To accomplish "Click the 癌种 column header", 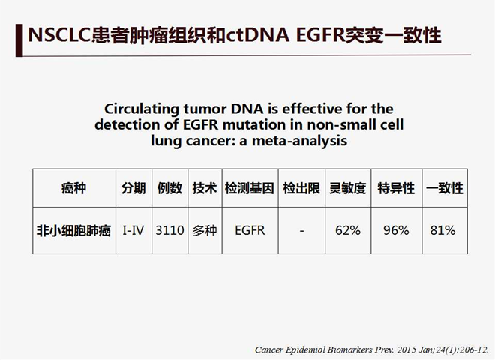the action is coord(73,188).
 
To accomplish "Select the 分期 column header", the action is coord(133,188).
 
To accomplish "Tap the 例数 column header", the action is coord(169,188).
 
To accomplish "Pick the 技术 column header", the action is coord(205,188).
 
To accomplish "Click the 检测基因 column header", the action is coord(250,188).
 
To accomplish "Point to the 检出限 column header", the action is coord(301,188).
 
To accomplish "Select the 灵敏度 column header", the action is coord(348,188).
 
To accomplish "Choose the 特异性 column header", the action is coord(396,188).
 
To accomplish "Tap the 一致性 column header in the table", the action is coord(445,188).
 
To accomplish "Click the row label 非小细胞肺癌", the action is coord(73,230).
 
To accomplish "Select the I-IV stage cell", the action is coord(133,230).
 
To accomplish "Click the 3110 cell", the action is coord(169,230).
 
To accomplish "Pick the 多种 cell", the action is coord(205,230).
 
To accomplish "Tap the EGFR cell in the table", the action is coord(250,230).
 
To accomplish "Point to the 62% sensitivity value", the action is coord(348,230).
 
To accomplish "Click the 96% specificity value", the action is coord(396,230).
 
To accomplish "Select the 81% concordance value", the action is coord(442,230).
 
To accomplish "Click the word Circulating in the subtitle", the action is coord(142,109).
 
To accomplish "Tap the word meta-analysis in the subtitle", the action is coord(299,141).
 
